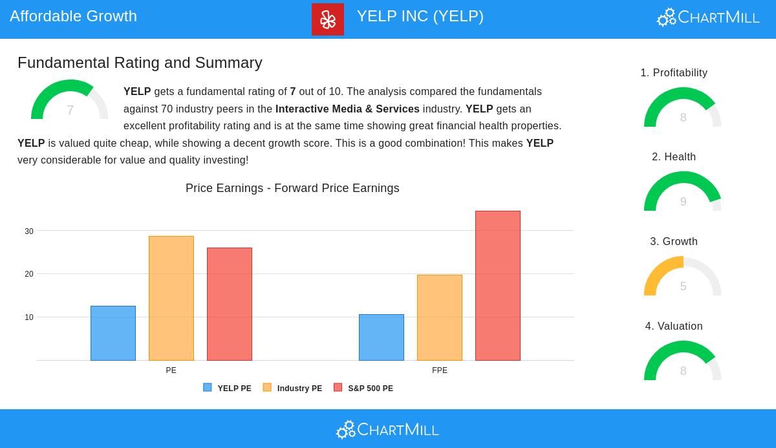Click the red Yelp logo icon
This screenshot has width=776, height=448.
(x=328, y=19)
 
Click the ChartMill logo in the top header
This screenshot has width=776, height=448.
(x=708, y=17)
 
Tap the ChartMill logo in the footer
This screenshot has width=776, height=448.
(x=387, y=429)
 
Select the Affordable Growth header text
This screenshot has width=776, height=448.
(x=73, y=16)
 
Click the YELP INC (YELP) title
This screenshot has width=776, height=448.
(x=420, y=16)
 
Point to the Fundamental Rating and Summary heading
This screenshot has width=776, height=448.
(x=140, y=63)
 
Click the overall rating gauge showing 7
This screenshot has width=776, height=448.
(x=70, y=101)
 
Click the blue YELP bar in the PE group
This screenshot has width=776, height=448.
(x=113, y=333)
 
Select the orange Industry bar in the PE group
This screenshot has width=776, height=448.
(x=171, y=298)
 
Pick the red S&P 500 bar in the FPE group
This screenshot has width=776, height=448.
(x=498, y=286)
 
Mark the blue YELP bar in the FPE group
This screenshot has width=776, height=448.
(x=382, y=337)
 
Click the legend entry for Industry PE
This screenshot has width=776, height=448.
(x=293, y=389)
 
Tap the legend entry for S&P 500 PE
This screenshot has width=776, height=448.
(x=364, y=389)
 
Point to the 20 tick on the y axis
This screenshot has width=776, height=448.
(x=29, y=274)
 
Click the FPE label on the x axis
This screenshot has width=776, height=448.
(x=440, y=370)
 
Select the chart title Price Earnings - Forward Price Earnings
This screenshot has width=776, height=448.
(x=292, y=188)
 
